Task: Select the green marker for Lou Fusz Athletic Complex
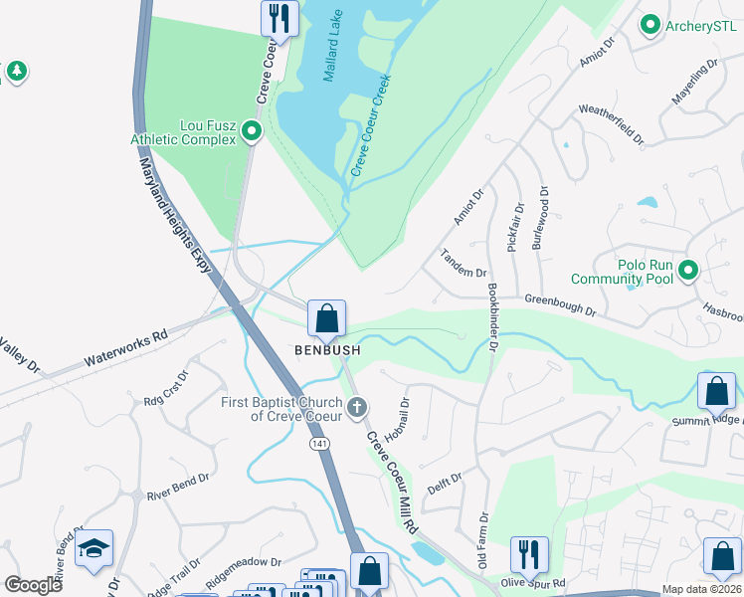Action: click(x=252, y=130)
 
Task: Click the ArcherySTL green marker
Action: click(x=651, y=24)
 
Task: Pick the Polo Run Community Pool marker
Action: click(x=686, y=269)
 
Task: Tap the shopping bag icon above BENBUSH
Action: click(x=326, y=319)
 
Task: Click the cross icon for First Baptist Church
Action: click(x=357, y=408)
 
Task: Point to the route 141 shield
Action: click(x=317, y=441)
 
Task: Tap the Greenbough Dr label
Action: click(x=560, y=303)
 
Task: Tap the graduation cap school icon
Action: click(x=94, y=549)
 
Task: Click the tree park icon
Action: click(x=16, y=72)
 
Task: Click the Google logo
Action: click(x=34, y=584)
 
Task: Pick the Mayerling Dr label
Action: click(x=695, y=84)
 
